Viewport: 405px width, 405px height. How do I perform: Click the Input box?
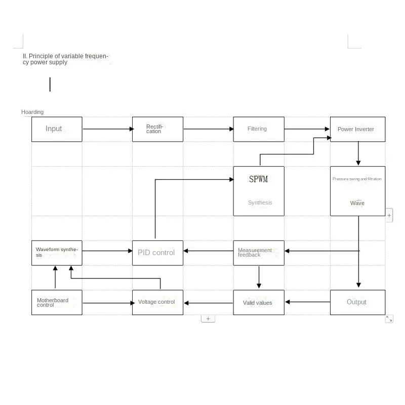pyautogui.click(x=57, y=129)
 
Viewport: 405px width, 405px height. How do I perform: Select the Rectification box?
pyautogui.click(x=157, y=129)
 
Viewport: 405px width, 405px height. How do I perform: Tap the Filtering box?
pyautogui.click(x=258, y=129)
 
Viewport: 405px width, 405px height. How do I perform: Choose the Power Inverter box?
pyautogui.click(x=357, y=129)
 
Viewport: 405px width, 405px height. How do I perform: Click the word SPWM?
pyautogui.click(x=258, y=179)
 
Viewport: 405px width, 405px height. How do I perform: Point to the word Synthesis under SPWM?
pyautogui.click(x=260, y=202)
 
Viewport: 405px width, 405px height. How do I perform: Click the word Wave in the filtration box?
pyautogui.click(x=357, y=203)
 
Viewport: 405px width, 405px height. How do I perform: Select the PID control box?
pyautogui.click(x=157, y=253)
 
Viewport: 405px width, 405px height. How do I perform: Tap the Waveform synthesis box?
pyautogui.click(x=57, y=253)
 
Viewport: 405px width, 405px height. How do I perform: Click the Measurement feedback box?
pyautogui.click(x=258, y=253)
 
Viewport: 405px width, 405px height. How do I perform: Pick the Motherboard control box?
pyautogui.click(x=57, y=303)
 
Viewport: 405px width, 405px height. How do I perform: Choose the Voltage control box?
pyautogui.click(x=157, y=302)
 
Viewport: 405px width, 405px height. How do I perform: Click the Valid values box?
pyautogui.click(x=258, y=303)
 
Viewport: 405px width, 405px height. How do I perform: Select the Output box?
pyautogui.click(x=357, y=302)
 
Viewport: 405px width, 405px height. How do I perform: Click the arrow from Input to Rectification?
pyautogui.click(x=107, y=129)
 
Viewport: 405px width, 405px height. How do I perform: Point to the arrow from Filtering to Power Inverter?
pyautogui.click(x=307, y=129)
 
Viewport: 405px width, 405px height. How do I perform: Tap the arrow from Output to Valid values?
pyautogui.click(x=307, y=302)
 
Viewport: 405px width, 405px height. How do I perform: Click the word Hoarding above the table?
pyautogui.click(x=32, y=112)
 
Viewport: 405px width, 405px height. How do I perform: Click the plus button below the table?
pyautogui.click(x=208, y=319)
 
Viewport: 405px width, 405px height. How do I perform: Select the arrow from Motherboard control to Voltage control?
pyautogui.click(x=107, y=303)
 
